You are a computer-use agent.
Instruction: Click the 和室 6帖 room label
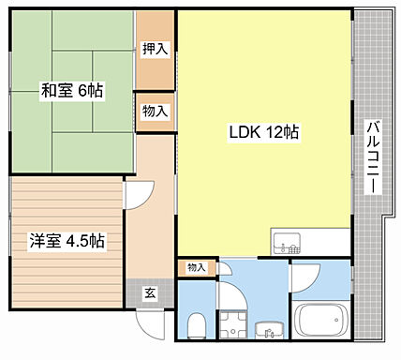pos(71,91)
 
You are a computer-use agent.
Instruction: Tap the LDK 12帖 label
pos(264,132)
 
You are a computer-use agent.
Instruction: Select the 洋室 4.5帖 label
pos(65,241)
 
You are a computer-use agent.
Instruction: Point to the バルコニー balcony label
pos(372,157)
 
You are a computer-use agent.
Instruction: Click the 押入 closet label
pos(155,49)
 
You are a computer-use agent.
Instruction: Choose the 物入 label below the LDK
pos(196,268)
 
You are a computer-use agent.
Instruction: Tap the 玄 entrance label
pos(150,292)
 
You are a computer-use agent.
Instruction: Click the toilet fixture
pos(196,327)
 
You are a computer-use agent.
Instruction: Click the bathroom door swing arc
pos(305,277)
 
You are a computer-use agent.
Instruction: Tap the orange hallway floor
pos(150,234)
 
